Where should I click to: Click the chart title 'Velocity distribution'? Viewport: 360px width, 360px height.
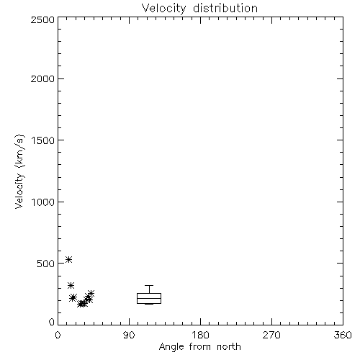click(x=199, y=8)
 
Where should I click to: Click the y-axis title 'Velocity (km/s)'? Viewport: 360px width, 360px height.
click(x=19, y=171)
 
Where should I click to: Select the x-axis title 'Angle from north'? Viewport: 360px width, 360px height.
click(x=199, y=347)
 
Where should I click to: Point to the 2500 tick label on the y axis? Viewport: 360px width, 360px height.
click(x=42, y=19)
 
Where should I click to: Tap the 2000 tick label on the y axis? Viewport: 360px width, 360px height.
click(x=42, y=78)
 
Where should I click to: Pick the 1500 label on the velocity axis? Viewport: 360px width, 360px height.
click(x=43, y=140)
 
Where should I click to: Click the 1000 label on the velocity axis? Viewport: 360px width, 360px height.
click(x=43, y=202)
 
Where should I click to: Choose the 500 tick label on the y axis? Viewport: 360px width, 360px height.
click(x=46, y=264)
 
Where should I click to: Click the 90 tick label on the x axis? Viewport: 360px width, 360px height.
click(x=129, y=335)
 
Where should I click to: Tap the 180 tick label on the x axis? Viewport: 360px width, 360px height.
click(x=200, y=335)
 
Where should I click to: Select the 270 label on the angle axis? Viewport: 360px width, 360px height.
click(x=271, y=335)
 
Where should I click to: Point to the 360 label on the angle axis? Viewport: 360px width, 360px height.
click(x=343, y=335)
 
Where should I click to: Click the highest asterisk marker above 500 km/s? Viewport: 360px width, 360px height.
click(x=69, y=259)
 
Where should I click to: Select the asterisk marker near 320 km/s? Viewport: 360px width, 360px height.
click(x=71, y=285)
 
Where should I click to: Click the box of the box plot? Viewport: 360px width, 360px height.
click(x=149, y=293)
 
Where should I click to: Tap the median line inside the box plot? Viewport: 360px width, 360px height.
click(x=149, y=298)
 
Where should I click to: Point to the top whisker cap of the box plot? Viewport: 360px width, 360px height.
click(x=149, y=285)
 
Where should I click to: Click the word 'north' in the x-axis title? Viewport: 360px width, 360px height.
click(x=229, y=347)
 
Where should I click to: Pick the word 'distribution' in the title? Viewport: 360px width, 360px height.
click(x=225, y=8)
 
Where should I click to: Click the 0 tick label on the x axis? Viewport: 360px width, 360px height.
click(x=58, y=335)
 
